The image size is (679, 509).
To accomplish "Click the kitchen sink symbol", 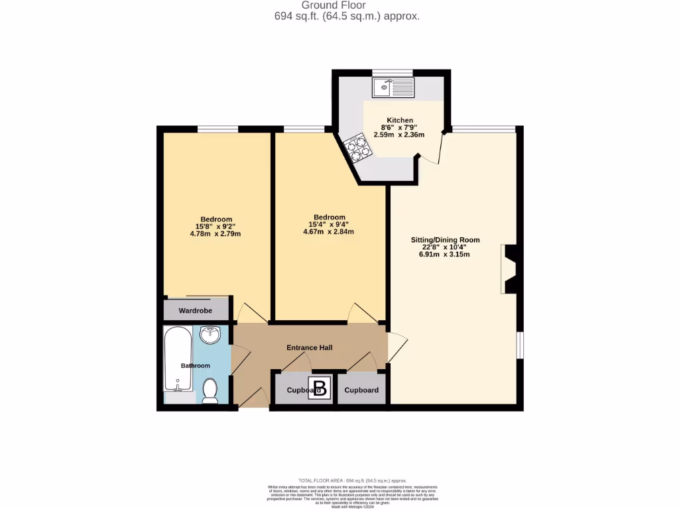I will coord(393,87).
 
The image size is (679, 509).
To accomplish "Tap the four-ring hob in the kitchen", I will coord(356,147).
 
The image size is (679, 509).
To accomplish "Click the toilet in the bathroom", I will coord(210,391).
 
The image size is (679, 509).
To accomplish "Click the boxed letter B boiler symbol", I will coord(321,388).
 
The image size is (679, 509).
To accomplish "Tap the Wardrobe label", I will coord(195,310).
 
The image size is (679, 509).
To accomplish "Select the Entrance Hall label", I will coord(309,347).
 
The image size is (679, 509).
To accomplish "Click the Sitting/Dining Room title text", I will coord(444,240).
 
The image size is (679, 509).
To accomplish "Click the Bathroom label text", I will coord(195,366).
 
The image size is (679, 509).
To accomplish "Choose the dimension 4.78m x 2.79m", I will coord(216,233).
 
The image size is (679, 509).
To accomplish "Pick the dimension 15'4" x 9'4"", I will coord(329,225).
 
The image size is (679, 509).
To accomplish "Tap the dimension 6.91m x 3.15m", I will coord(444,254).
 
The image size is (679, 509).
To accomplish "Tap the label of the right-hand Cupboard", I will coord(361,390).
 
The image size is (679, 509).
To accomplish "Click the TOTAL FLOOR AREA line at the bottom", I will coord(352,481).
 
